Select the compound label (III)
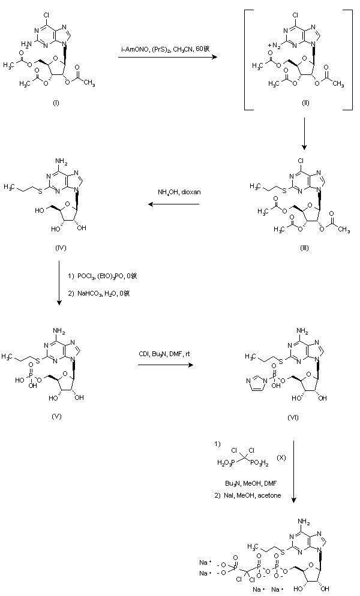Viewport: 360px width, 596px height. [x=304, y=248]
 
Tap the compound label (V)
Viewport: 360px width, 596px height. [x=56, y=416]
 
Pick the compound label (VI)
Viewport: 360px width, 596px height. [x=304, y=416]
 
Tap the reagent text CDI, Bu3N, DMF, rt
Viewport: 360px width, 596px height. [x=163, y=354]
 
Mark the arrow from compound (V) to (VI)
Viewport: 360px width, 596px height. [x=163, y=363]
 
